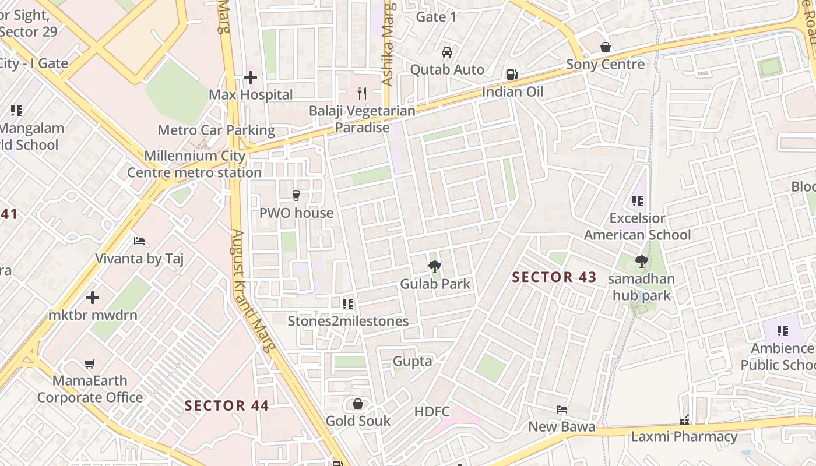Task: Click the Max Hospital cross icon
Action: [x=251, y=77]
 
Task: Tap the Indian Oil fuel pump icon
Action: [x=512, y=74]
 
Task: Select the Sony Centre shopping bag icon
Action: [x=606, y=47]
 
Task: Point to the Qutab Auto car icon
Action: [x=447, y=52]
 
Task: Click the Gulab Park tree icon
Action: [x=434, y=267]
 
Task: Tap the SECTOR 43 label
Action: [x=554, y=277]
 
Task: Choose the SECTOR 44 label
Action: [x=227, y=405]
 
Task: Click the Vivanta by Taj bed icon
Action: [x=139, y=241]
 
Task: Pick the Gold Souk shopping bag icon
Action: [x=358, y=404]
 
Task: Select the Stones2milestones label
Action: [x=348, y=321]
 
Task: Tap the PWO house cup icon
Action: [x=296, y=196]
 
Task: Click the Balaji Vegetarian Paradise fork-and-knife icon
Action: [x=362, y=93]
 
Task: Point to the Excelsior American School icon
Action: [x=638, y=201]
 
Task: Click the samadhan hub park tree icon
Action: [x=641, y=262]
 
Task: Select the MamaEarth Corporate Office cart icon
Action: [x=90, y=364]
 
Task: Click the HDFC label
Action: [x=432, y=412]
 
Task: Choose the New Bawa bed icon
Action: [x=562, y=409]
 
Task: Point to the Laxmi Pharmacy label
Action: [x=684, y=436]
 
